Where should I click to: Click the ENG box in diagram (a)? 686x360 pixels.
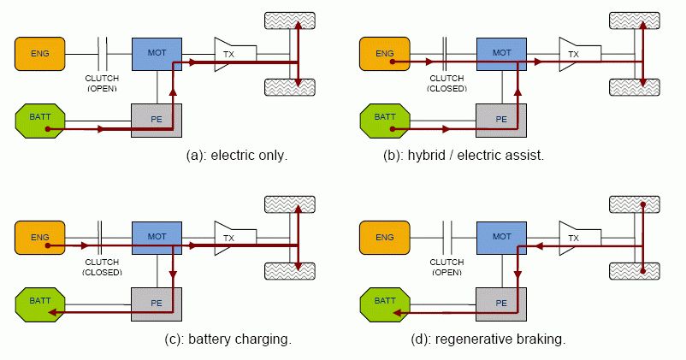(x=39, y=54)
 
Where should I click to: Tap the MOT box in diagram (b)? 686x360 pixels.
(x=501, y=54)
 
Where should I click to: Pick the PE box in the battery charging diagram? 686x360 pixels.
(x=156, y=303)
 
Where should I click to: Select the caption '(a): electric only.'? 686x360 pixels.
(x=237, y=156)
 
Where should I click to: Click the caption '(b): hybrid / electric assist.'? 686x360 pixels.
(x=464, y=156)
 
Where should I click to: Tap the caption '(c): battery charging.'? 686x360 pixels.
(x=228, y=339)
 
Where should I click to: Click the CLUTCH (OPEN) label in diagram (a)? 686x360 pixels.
(x=102, y=84)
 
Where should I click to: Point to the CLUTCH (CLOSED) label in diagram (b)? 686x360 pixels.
(x=445, y=84)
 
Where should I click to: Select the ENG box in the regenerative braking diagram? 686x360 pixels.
(x=384, y=237)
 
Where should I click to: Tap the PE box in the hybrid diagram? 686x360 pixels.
(x=501, y=120)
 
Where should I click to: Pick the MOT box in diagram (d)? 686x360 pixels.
(x=501, y=237)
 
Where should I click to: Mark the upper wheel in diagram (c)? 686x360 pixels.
(x=290, y=204)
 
